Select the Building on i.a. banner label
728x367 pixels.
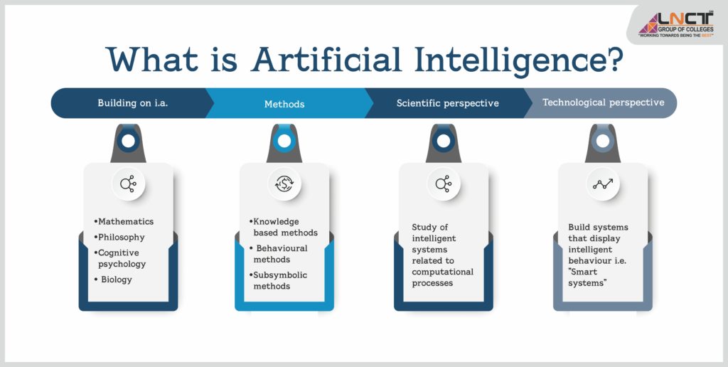[133, 103]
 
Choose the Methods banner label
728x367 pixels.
[284, 104]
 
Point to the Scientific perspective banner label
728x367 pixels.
[447, 103]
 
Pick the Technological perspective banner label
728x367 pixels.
[603, 102]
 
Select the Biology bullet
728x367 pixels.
[115, 280]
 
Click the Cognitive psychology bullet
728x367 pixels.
[120, 258]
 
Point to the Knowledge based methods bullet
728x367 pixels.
[284, 227]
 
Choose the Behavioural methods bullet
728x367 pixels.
[281, 254]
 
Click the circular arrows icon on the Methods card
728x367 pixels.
[284, 184]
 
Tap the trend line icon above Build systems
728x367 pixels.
[603, 184]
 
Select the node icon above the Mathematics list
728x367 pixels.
[128, 184]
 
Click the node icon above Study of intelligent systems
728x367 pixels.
[444, 184]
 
